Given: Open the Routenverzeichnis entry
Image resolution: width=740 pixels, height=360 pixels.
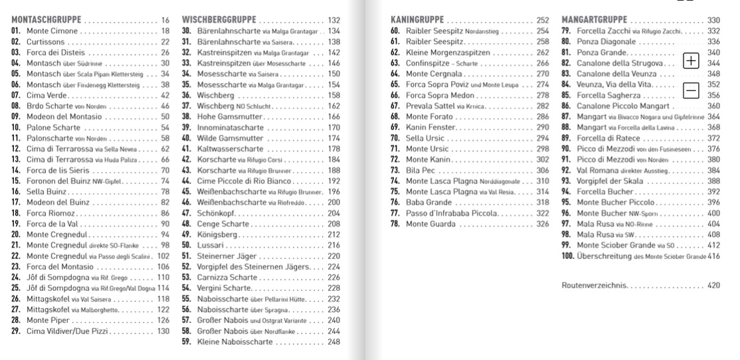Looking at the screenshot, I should point(594,285).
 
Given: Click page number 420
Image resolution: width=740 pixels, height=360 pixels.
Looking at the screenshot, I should point(713,285).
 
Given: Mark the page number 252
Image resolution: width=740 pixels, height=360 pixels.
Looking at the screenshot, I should point(543,21).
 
